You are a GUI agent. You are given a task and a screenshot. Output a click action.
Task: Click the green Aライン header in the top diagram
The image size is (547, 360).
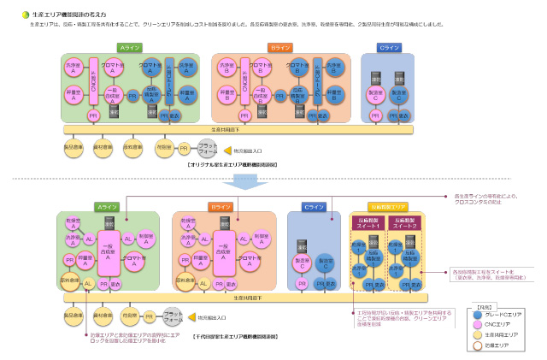click(x=130, y=48)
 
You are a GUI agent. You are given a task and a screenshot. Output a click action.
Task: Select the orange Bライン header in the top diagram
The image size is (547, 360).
click(x=280, y=48)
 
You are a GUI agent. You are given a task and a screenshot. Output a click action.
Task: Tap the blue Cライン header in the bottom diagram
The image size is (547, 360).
click(x=314, y=207)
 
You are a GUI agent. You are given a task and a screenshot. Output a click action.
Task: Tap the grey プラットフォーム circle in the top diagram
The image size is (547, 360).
click(x=207, y=147)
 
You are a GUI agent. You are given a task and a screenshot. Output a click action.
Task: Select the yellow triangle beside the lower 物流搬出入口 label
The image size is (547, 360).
click(x=191, y=316)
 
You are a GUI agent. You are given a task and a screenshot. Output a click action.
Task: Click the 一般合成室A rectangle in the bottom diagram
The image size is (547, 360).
click(x=108, y=250)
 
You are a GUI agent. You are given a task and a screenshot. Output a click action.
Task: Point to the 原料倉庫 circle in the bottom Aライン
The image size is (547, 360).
click(x=71, y=280)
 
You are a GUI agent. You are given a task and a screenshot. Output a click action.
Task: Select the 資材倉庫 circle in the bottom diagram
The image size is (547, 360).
click(x=101, y=316)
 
